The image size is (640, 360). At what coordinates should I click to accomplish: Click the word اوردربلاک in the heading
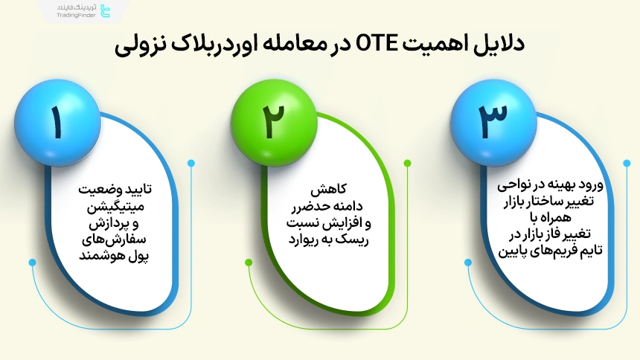pos(220,45)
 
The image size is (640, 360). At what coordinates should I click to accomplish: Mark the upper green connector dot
pos(407,163)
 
